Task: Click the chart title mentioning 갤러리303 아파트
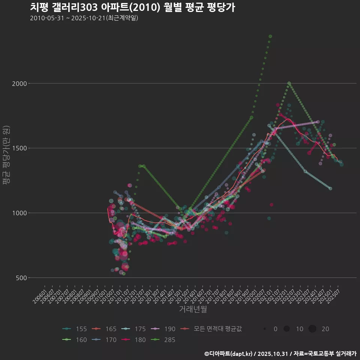(132, 7)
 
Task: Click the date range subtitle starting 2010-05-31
(84, 18)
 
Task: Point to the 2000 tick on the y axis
(19, 83)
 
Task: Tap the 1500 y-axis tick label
(19, 148)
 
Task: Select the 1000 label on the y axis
(19, 213)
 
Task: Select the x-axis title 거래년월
(193, 309)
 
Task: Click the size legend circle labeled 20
(312, 329)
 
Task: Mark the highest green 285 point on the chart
(270, 36)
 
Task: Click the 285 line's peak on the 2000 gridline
(289, 83)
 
